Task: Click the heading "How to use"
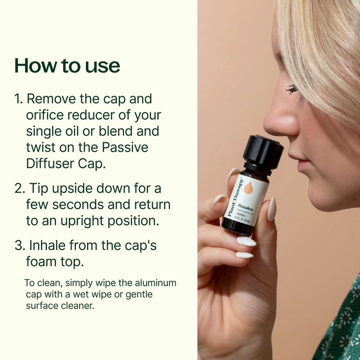tap(67, 66)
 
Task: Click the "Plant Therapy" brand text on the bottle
tap(235, 198)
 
